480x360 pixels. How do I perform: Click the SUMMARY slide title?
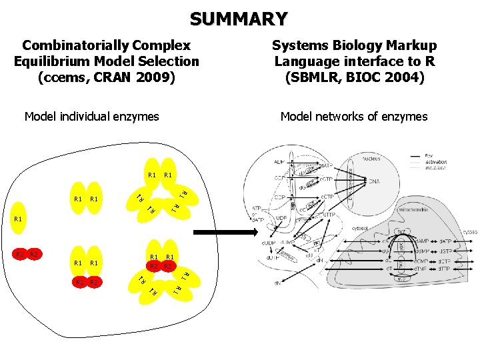(239, 18)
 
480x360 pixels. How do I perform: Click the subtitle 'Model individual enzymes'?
(91, 117)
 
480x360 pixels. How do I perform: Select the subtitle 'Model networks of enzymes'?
(354, 117)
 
